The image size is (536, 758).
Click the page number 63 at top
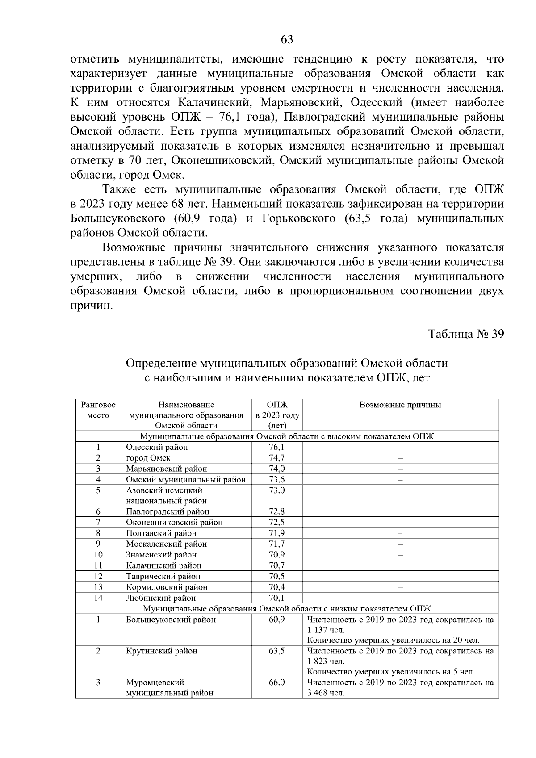(x=287, y=40)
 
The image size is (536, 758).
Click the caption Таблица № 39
(x=466, y=334)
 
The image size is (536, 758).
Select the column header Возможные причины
(x=400, y=405)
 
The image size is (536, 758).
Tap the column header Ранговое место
(x=98, y=410)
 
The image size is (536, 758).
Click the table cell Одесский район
(x=157, y=447)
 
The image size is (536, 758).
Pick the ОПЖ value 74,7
(x=276, y=458)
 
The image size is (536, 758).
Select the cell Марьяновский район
(x=166, y=469)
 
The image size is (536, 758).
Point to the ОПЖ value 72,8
(x=276, y=511)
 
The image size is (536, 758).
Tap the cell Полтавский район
(x=161, y=533)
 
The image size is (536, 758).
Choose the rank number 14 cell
(x=98, y=598)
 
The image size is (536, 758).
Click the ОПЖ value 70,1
(x=276, y=598)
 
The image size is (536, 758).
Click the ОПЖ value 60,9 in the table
(x=276, y=620)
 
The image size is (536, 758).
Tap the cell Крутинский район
(x=161, y=651)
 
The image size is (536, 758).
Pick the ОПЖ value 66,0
(x=276, y=683)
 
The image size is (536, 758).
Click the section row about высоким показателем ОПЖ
(x=287, y=436)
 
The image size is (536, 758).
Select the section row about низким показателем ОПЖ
(x=287, y=608)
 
